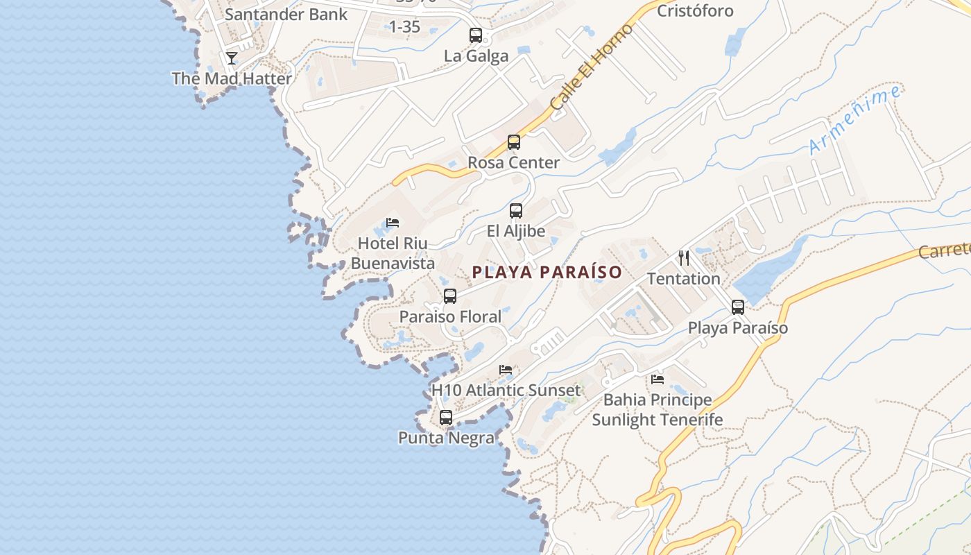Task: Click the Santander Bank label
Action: [x=286, y=14]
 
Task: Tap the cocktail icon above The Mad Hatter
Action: [x=232, y=58]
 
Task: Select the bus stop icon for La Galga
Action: [x=476, y=35]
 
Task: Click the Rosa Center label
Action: [x=513, y=162]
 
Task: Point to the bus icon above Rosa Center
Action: [x=514, y=142]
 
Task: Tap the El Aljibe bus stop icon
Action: [x=516, y=211]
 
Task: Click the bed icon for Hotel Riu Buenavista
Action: [x=393, y=223]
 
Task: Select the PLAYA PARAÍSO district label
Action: [x=547, y=272]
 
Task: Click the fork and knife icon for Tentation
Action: [x=684, y=258]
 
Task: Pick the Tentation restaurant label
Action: [x=683, y=278]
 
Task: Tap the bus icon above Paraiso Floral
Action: [x=450, y=296]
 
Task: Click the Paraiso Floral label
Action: [x=450, y=316]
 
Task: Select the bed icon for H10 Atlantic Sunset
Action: [x=506, y=370]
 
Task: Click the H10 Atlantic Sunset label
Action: [x=506, y=390]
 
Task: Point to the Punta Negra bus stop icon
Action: [x=446, y=418]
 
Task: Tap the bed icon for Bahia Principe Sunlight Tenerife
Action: [x=658, y=379]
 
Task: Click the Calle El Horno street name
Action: [x=592, y=67]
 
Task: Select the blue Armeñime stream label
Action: [x=855, y=120]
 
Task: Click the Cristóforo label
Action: [x=695, y=10]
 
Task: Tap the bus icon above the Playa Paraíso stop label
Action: [x=738, y=307]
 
